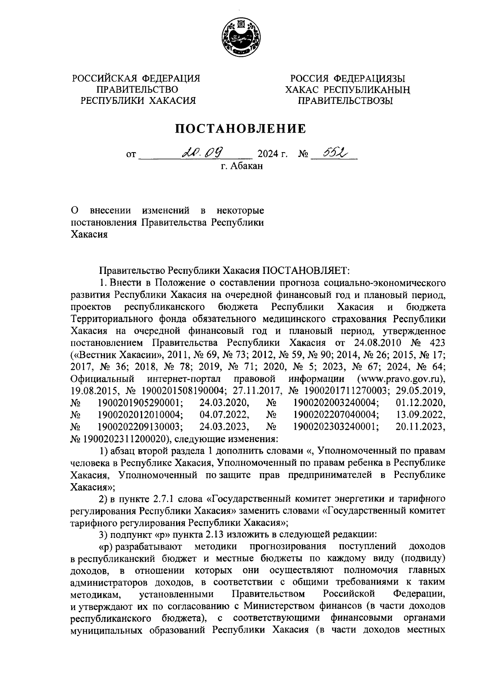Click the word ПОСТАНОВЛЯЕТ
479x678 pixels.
[x=305, y=270]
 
